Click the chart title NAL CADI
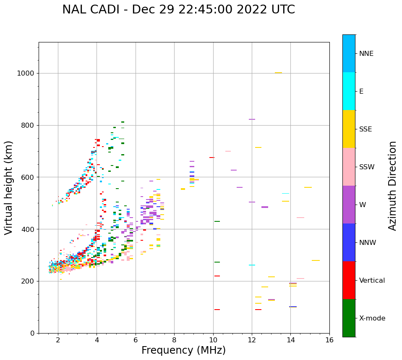[178, 10]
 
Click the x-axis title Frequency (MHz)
[183, 350]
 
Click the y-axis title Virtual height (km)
[9, 188]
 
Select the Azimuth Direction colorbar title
[392, 186]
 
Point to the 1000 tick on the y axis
[27, 73]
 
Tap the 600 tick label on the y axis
[29, 177]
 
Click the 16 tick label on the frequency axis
[329, 340]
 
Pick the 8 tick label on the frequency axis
[174, 340]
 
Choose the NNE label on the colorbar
[366, 54]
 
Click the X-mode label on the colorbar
[372, 318]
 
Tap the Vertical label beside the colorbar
[372, 281]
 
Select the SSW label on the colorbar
[367, 167]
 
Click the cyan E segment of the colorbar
[349, 91]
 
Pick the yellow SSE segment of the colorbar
[349, 129]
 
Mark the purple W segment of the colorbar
[349, 205]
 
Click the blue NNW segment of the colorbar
[349, 242]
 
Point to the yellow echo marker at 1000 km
[278, 73]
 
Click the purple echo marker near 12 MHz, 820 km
[252, 119]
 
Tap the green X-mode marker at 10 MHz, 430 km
[217, 221]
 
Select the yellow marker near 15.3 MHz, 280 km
[316, 260]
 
